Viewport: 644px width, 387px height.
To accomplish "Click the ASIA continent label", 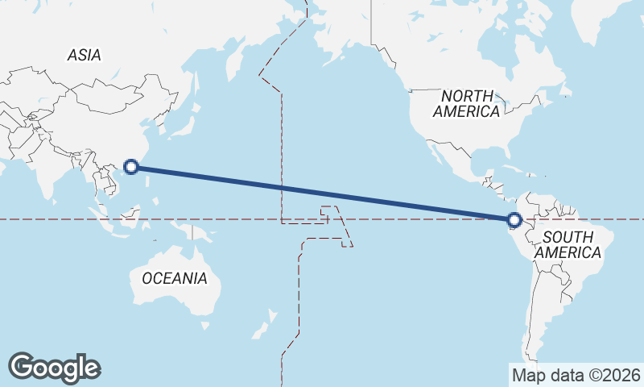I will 85,56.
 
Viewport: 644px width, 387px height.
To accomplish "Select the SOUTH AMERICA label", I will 568,244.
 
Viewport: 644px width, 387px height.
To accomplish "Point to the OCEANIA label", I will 175,278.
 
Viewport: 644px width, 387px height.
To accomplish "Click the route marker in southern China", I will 133,168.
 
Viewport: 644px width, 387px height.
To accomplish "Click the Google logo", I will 54,367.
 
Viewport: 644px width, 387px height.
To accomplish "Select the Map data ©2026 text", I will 576,375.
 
